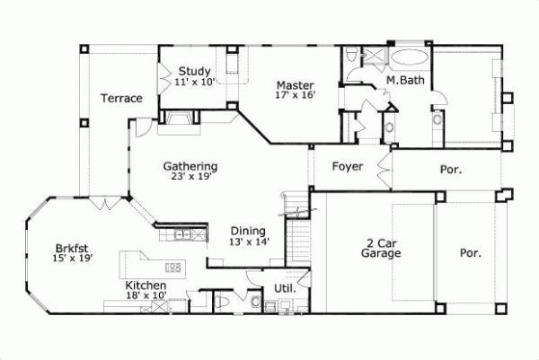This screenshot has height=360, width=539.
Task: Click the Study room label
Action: point(194,71)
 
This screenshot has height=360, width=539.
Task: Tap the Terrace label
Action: point(121,98)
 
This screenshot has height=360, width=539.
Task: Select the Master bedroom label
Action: point(294,83)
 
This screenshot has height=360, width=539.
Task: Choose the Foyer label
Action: point(348,166)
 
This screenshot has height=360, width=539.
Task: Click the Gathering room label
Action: point(190,166)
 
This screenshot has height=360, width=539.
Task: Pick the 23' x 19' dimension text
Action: point(190,178)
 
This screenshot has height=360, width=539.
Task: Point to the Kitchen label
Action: point(146,285)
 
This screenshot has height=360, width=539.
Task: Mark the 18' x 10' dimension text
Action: point(146,295)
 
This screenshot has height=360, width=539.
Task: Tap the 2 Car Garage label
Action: point(381,248)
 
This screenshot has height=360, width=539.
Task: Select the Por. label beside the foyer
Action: point(452,169)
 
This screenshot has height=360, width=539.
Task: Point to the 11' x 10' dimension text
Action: point(194,82)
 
